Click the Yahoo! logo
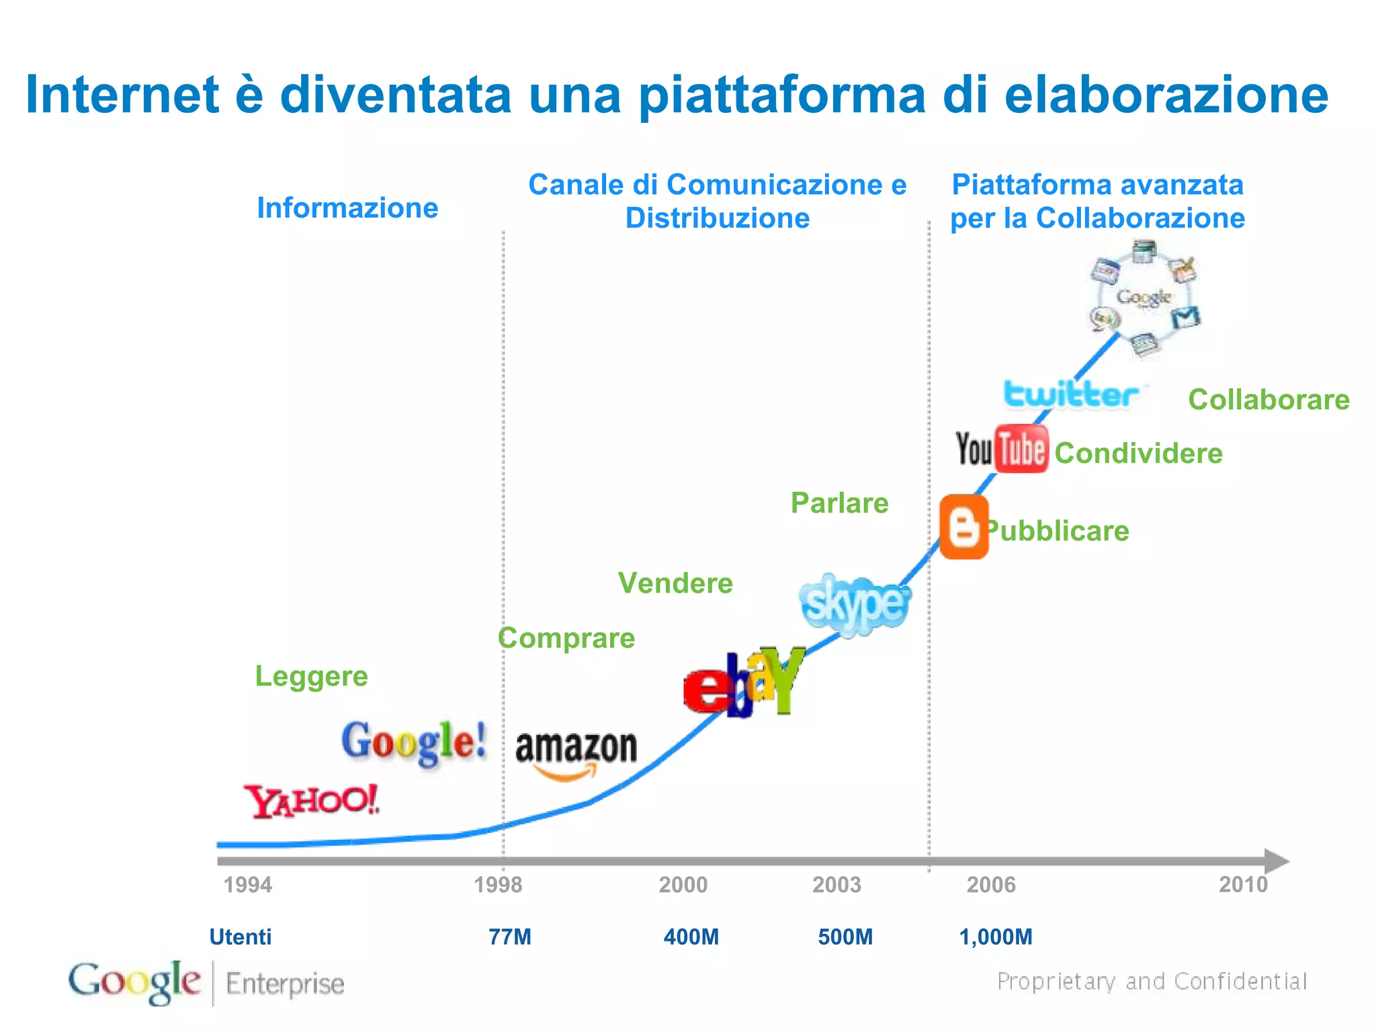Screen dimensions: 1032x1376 (312, 801)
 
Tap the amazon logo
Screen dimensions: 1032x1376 (576, 753)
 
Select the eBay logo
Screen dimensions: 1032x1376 (744, 683)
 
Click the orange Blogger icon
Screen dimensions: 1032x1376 (963, 527)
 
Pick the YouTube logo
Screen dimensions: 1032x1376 (1002, 449)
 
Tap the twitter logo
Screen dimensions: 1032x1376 (1072, 394)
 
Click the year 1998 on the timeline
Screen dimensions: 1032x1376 (498, 884)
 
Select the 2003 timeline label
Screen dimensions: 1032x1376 (836, 884)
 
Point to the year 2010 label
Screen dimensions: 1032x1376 (1243, 884)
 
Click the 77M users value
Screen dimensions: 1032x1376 (510, 937)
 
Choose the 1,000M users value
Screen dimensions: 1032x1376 (996, 937)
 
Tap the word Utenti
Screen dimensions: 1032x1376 (241, 937)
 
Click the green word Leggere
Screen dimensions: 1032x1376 (312, 676)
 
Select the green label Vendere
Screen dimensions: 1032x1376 (675, 583)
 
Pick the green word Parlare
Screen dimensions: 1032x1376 (839, 503)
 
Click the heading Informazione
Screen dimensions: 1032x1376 (347, 208)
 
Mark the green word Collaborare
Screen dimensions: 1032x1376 (1268, 400)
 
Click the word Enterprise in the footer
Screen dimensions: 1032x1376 (285, 984)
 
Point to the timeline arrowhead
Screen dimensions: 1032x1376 (1276, 861)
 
